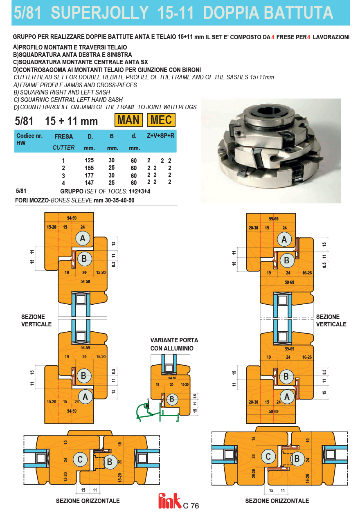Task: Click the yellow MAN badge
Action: click(x=128, y=120)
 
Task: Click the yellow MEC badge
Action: click(x=161, y=120)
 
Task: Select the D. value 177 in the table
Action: click(x=89, y=175)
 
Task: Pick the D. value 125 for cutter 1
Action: click(x=89, y=160)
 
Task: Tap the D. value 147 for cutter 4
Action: click(x=89, y=183)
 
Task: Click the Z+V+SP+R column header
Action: click(x=160, y=135)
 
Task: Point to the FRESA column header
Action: click(x=63, y=137)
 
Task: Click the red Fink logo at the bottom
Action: click(x=170, y=501)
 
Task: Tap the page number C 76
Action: click(x=191, y=506)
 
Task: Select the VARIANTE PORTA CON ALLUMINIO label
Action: click(x=174, y=344)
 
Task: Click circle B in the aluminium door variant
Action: click(x=172, y=399)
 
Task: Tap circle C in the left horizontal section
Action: click(x=80, y=459)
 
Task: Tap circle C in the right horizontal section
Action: click(x=268, y=456)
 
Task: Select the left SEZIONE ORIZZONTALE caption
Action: click(x=88, y=501)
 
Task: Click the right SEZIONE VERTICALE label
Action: click(x=331, y=320)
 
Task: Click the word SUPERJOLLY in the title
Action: click(x=100, y=13)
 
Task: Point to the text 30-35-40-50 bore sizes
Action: click(x=119, y=200)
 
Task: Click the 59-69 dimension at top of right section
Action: click(x=274, y=219)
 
